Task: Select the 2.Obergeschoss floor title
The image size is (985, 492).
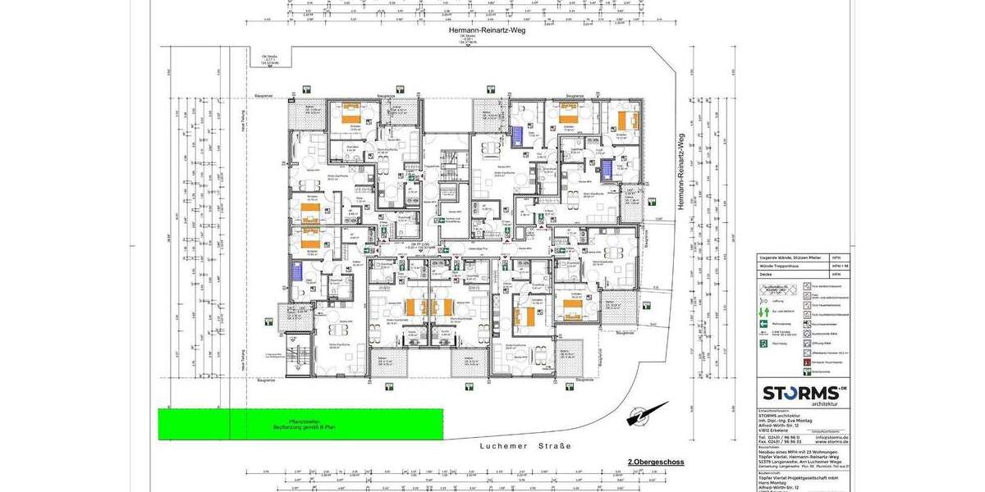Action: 656,462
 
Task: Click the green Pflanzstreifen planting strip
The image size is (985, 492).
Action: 300,424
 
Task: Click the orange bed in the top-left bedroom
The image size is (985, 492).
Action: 351,118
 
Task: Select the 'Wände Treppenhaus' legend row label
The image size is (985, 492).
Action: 778,266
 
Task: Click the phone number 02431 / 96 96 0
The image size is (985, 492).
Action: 777,437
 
